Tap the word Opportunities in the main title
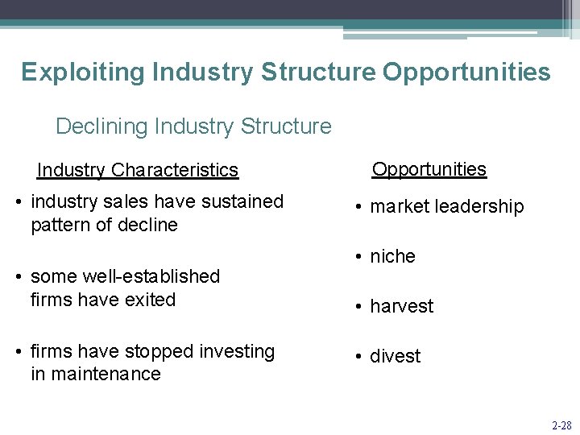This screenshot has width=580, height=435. coord(466,72)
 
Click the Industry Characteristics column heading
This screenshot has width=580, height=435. coord(138,170)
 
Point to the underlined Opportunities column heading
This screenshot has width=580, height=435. coord(429,169)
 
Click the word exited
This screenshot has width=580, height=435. coord(150,300)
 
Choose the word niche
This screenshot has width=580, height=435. coord(392,256)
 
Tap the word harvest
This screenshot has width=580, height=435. coord(401,306)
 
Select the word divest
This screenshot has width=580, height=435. coord(395,356)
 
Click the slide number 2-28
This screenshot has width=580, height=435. coord(561,425)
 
